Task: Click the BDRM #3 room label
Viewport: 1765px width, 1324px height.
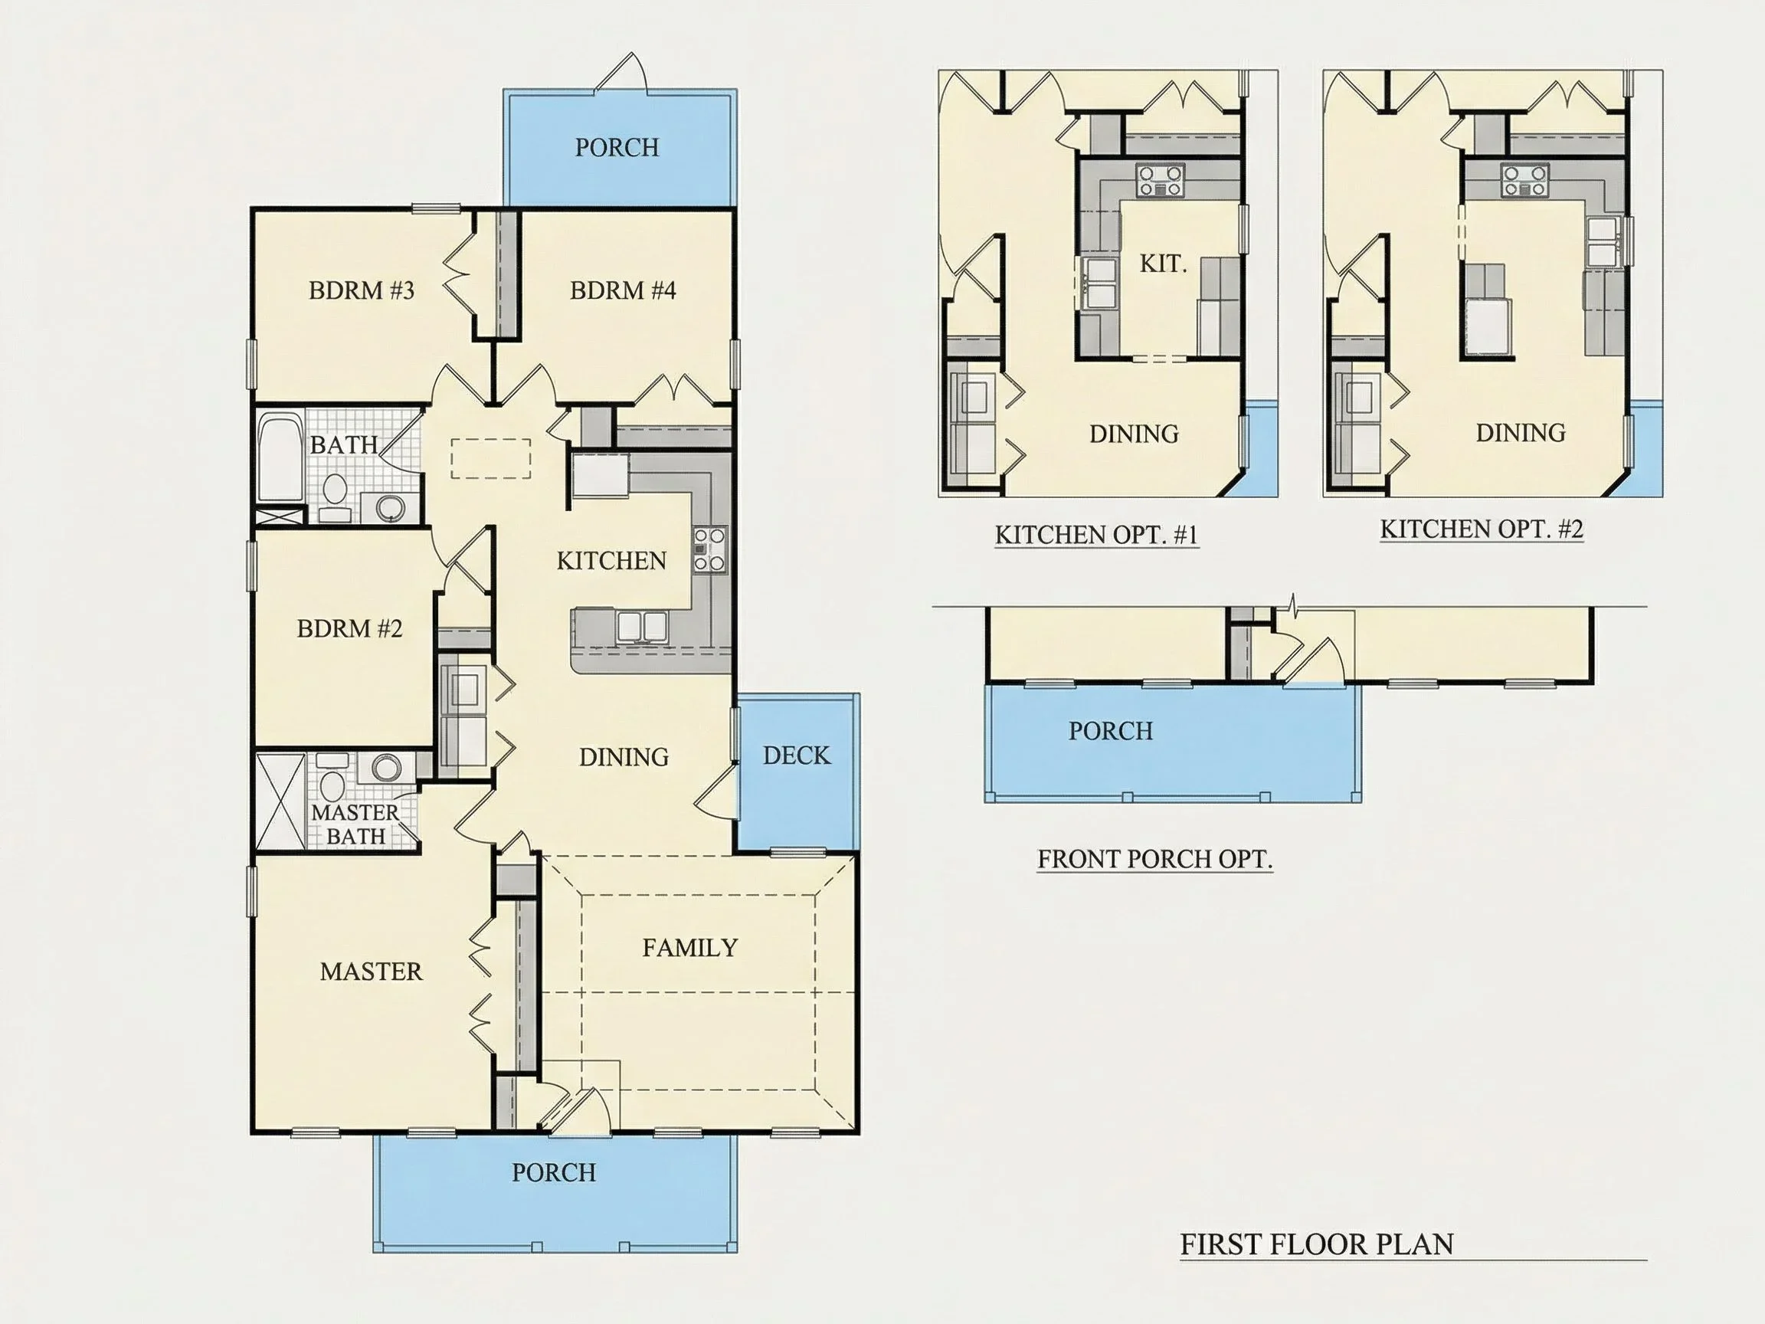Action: [362, 290]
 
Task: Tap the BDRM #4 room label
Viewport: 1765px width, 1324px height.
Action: [622, 290]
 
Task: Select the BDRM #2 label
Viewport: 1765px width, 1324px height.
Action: [349, 629]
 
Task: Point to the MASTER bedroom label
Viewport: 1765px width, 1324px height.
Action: [371, 972]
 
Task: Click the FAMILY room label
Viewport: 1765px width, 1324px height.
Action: [690, 947]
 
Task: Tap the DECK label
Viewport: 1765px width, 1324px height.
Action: [797, 755]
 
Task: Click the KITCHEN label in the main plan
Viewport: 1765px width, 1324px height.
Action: [611, 561]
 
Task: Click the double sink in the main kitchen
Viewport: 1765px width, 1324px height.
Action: [642, 627]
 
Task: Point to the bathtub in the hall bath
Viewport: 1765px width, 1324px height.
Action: [280, 457]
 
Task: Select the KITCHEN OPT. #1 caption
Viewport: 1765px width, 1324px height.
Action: [1096, 534]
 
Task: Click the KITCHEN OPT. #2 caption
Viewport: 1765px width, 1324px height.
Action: [1482, 529]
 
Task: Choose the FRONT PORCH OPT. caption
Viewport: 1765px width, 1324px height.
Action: [1154, 859]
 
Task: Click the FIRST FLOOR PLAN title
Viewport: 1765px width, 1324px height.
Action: [1317, 1244]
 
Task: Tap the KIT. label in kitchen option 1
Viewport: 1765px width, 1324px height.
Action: [1163, 264]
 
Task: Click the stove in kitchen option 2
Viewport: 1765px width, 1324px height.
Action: [1524, 180]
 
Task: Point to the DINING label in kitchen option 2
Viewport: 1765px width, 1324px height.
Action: [1520, 433]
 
